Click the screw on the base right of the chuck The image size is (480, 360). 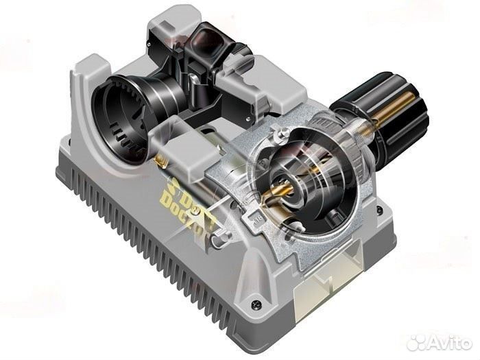(381, 206)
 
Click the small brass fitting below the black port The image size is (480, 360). (159, 159)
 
